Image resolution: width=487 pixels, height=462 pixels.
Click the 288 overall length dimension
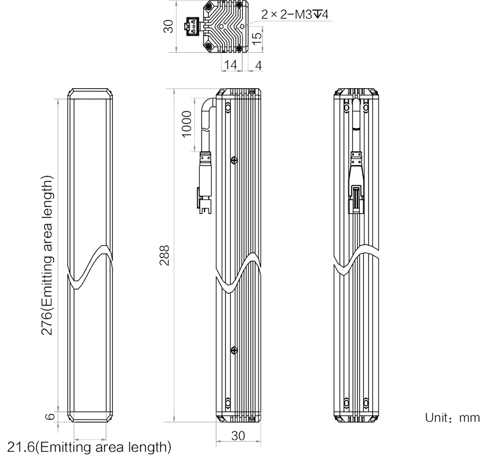pos(164,255)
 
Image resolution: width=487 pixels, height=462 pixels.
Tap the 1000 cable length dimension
pos(187,124)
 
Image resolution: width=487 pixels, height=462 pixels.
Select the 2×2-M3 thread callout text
pos(295,14)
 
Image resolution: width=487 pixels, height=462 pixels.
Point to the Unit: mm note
pos(452,418)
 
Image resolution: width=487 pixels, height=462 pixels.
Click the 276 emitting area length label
pos(47,255)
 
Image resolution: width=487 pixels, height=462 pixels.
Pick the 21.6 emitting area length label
pos(89,447)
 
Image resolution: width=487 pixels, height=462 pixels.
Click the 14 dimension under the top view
pos(230,65)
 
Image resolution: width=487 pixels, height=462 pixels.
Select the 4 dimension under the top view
pos(258,65)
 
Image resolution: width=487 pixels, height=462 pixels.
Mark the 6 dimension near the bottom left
pos(51,416)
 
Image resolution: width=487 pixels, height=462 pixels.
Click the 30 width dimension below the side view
pos(238,436)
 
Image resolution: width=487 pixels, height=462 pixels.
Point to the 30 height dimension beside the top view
pos(168,26)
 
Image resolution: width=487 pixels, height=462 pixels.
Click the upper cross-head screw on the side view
pos(235,160)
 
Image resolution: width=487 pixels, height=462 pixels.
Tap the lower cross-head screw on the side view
pos(235,350)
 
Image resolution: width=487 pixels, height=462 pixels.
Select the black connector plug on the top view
pos(193,26)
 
